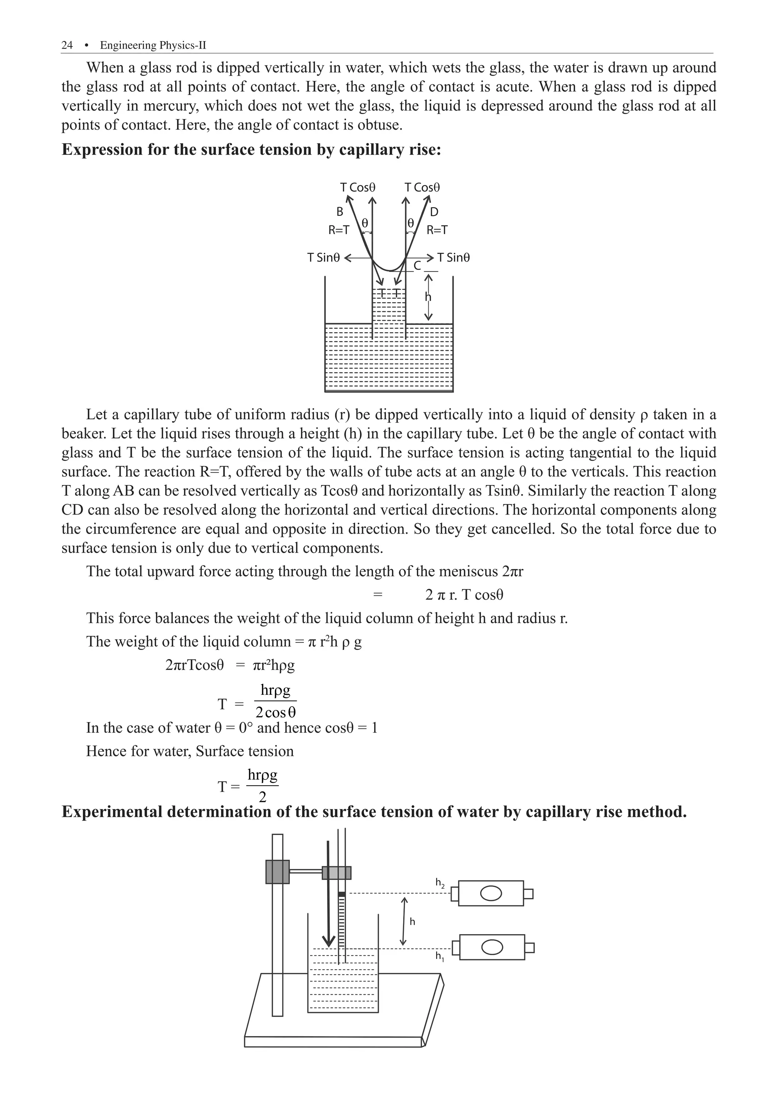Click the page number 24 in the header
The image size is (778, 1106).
(67, 45)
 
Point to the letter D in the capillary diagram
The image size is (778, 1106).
(434, 212)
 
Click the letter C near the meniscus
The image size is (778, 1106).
(417, 265)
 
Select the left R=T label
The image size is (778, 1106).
(338, 230)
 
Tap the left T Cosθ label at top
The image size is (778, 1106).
(357, 187)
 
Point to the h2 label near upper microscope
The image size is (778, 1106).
(440, 883)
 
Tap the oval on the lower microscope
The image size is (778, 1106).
(492, 947)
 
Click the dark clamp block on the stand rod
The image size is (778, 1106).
(277, 872)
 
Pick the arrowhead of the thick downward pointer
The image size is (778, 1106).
(328, 940)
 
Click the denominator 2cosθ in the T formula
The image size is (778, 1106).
(275, 712)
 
